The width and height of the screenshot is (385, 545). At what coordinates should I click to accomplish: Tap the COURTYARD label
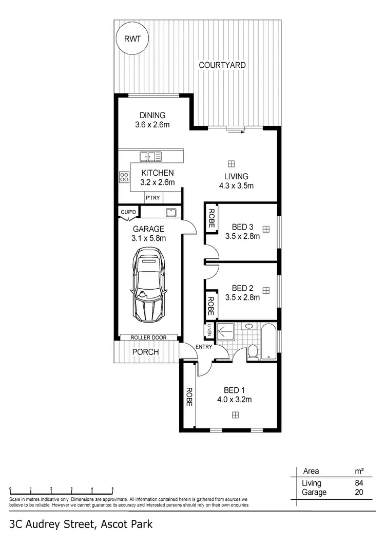222,65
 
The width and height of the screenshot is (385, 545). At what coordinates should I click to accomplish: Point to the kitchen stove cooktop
124,177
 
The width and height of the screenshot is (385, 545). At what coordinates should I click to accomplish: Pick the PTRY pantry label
152,197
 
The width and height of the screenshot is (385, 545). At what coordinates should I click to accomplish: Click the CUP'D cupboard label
128,212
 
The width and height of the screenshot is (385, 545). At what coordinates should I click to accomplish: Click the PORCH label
146,352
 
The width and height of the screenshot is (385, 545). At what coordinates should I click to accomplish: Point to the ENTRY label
204,347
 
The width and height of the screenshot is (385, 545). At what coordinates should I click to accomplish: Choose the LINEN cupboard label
210,330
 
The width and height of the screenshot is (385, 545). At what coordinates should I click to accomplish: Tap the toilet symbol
252,352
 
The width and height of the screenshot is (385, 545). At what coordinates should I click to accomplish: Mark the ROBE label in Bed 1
189,397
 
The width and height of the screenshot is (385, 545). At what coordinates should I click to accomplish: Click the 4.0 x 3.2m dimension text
234,399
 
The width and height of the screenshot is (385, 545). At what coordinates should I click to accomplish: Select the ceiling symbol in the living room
231,163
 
